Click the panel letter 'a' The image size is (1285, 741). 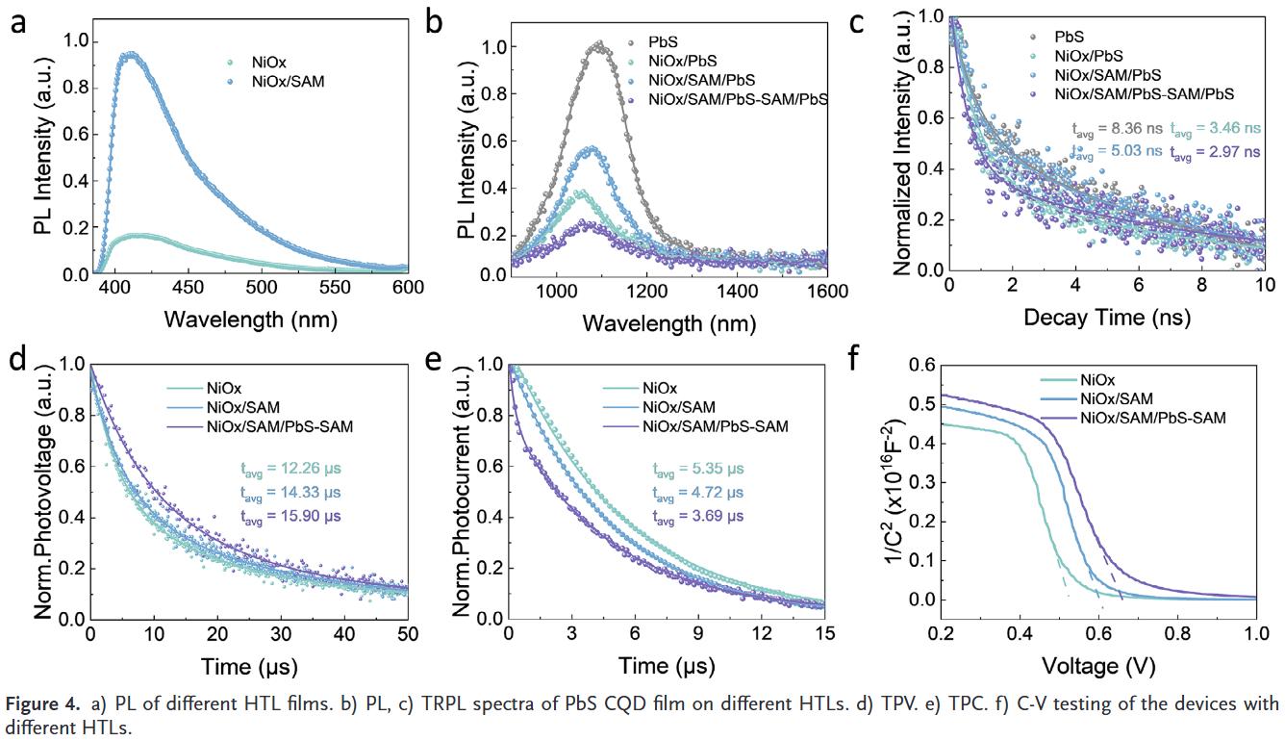18,21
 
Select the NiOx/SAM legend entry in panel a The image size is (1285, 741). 290,82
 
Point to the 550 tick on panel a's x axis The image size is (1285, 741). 528,288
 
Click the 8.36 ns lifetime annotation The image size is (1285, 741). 1117,127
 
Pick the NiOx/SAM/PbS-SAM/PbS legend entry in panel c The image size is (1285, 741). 1144,93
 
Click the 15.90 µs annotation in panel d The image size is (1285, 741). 290,517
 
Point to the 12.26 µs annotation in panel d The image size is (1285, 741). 290,470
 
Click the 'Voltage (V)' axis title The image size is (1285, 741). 1097,665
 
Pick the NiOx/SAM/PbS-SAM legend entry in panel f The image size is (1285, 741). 1153,417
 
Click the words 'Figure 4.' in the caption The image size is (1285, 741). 41,703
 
